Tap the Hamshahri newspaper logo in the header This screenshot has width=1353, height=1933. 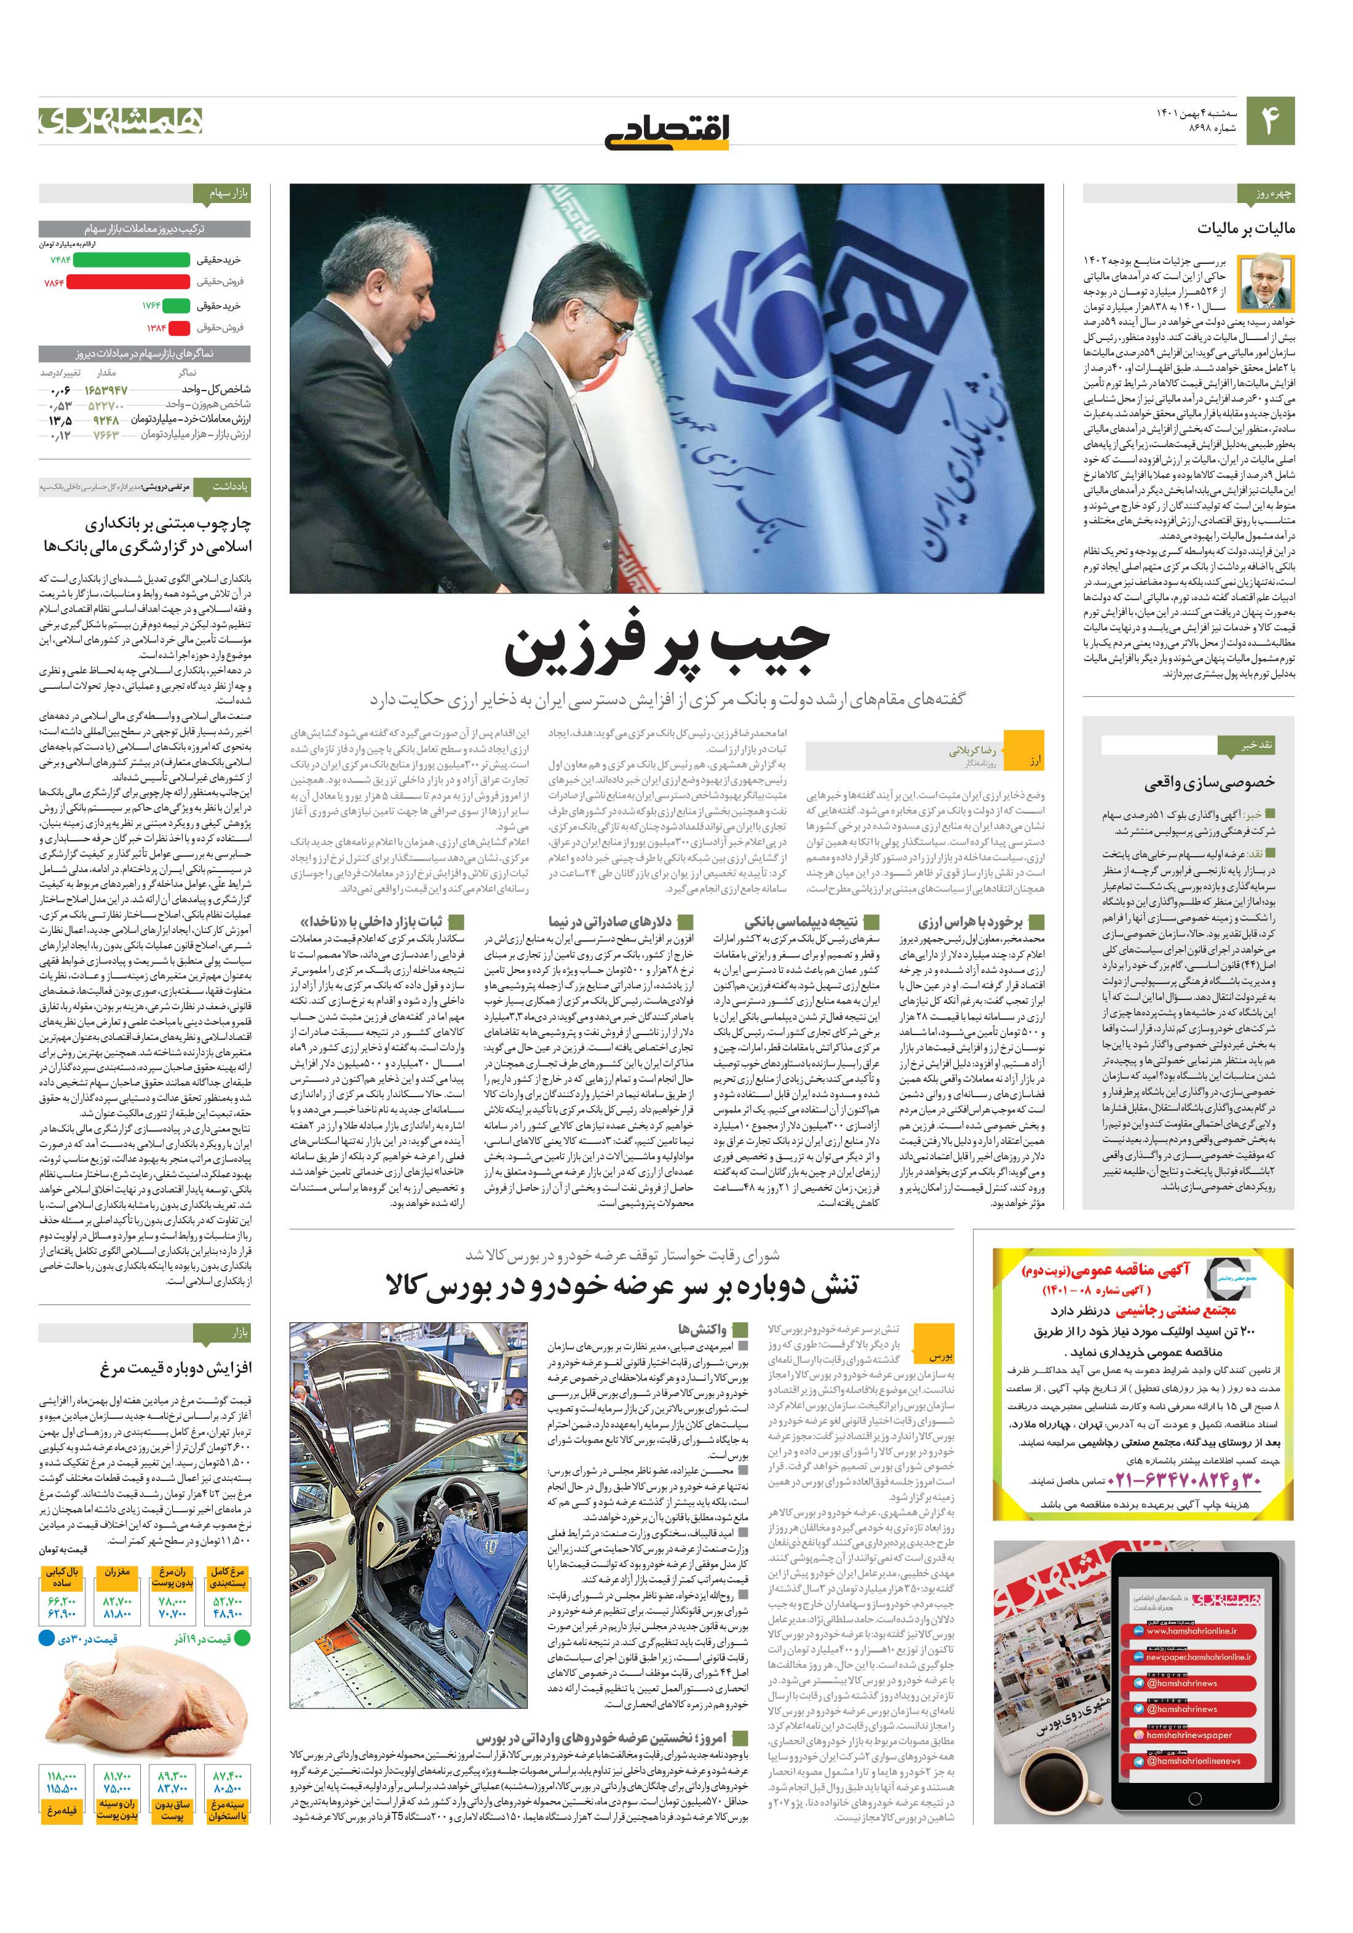(121, 121)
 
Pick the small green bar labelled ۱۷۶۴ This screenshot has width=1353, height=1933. (176, 306)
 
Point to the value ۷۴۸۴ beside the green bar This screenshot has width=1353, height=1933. (61, 260)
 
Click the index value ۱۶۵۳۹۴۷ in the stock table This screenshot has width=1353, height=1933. (106, 390)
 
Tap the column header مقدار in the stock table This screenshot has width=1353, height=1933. (107, 372)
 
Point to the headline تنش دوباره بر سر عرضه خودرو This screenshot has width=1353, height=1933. (622, 1285)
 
